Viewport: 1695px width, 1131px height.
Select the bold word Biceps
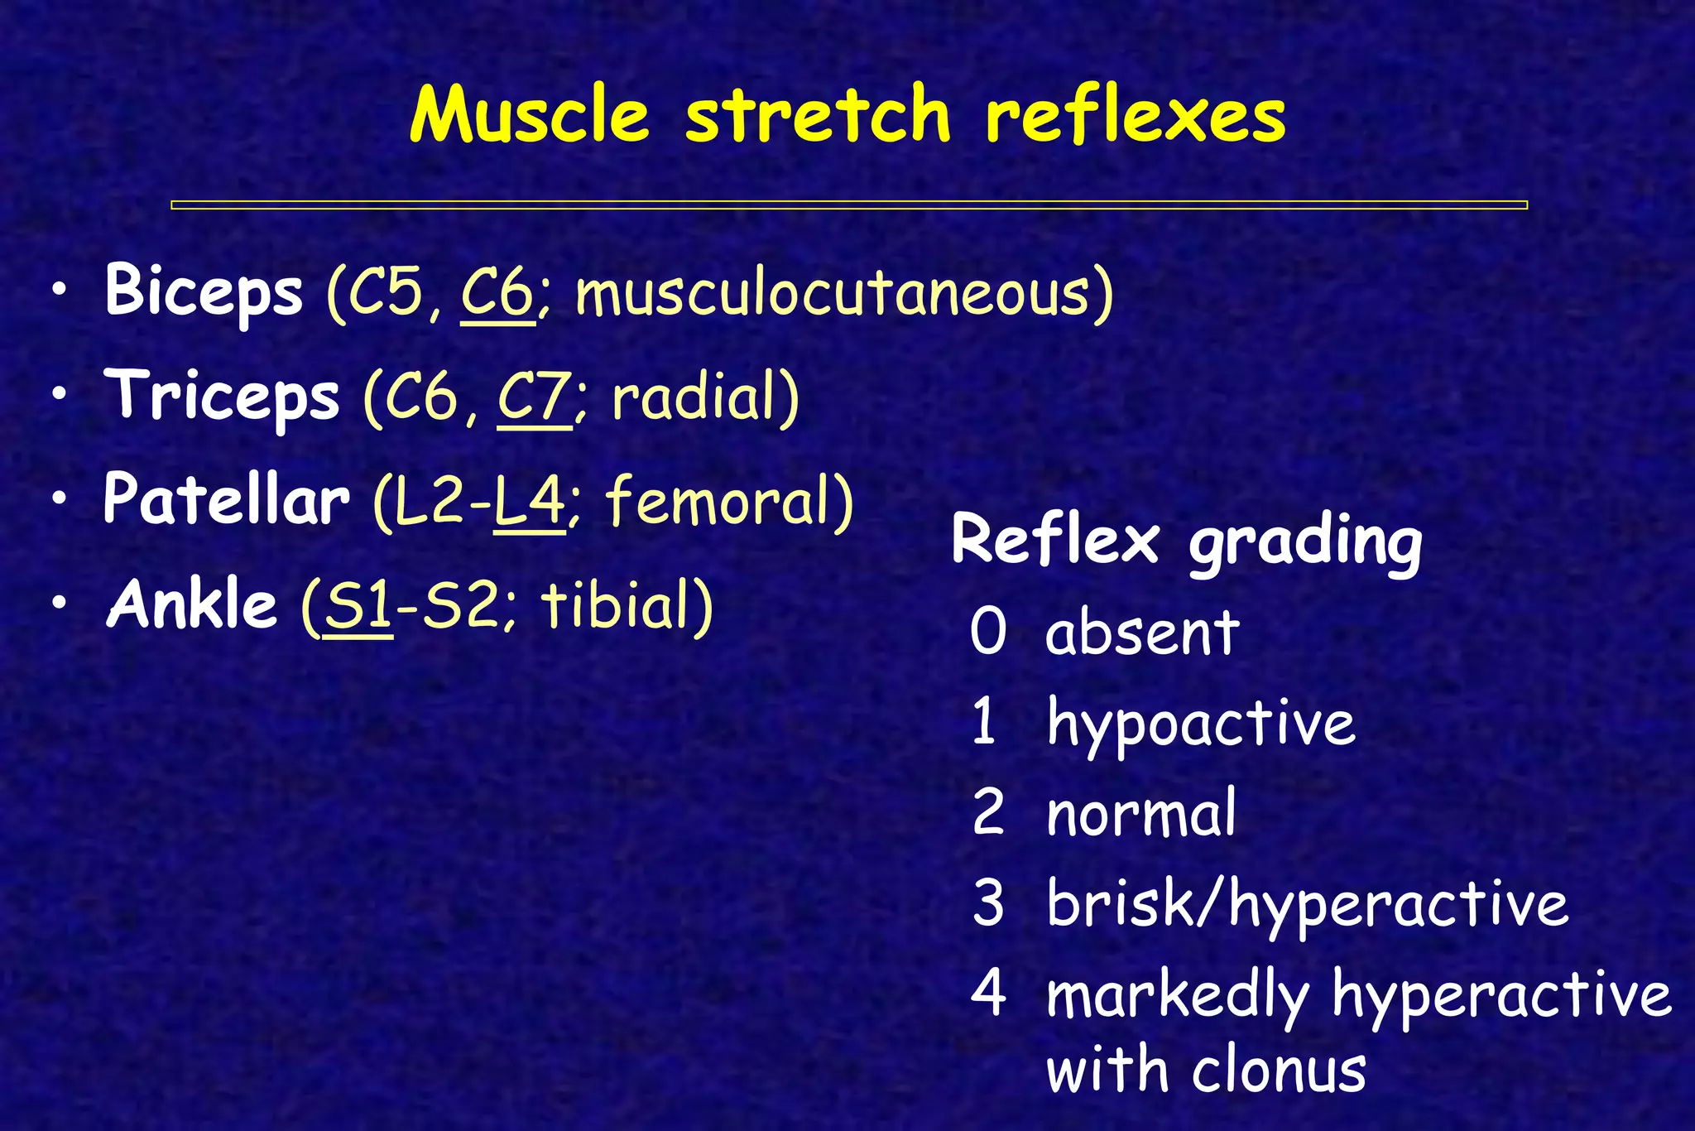(204, 291)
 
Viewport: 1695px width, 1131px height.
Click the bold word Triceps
(222, 396)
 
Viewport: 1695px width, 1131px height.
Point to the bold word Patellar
(226, 500)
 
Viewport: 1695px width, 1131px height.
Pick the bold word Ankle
(191, 604)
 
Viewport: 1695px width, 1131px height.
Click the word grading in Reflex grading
(1305, 542)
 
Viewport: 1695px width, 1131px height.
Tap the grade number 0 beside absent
(988, 633)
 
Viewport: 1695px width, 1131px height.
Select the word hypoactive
(1200, 724)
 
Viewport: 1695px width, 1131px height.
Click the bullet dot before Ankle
(59, 604)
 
